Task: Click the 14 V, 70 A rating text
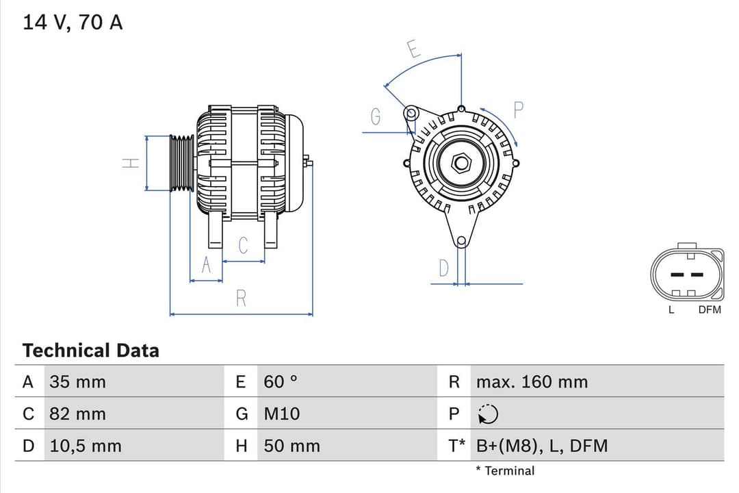(73, 23)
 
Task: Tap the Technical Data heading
(90, 351)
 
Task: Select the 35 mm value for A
(77, 382)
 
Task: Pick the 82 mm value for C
(77, 414)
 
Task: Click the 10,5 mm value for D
(85, 446)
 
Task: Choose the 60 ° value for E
(281, 382)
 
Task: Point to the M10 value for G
(281, 414)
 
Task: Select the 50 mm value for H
(291, 446)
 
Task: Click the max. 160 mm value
(532, 382)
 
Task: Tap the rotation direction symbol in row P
(488, 414)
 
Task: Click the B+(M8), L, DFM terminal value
(541, 446)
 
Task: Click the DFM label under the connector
(710, 309)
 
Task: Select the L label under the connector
(671, 309)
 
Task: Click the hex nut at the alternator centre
(462, 162)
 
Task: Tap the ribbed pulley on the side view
(182, 163)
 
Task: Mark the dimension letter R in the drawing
(241, 299)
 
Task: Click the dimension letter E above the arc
(413, 49)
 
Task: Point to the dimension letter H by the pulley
(130, 163)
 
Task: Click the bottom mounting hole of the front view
(461, 241)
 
